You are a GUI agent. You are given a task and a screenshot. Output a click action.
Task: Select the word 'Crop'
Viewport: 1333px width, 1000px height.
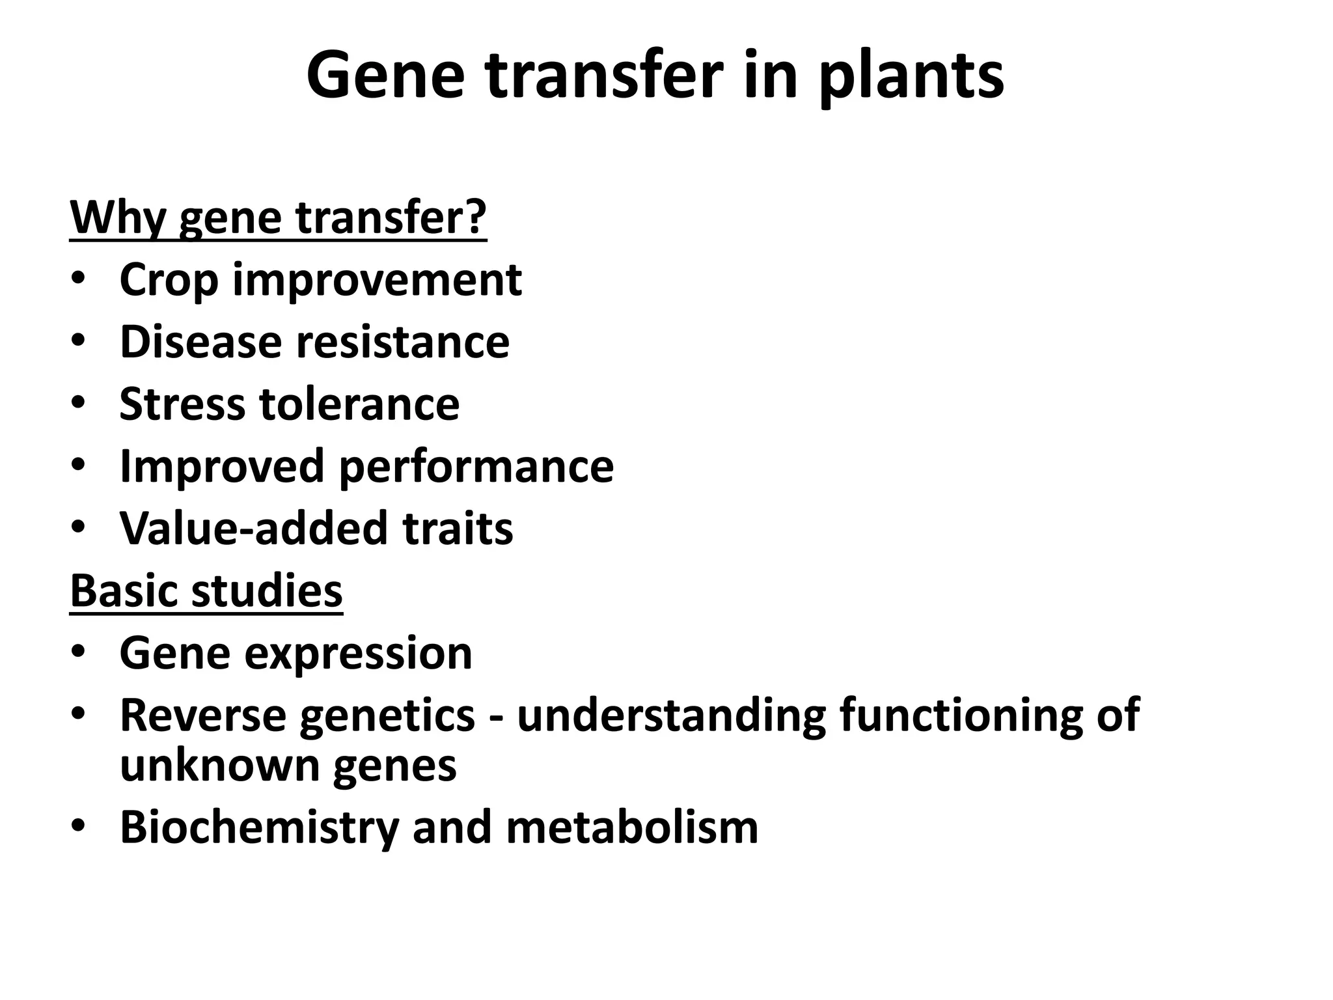(169, 281)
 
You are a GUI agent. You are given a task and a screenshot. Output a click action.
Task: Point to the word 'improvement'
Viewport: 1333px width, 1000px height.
(377, 281)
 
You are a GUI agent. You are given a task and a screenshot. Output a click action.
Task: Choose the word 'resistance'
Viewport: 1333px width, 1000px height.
(403, 342)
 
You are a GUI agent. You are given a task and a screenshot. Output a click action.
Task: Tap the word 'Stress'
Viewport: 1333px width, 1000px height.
(180, 404)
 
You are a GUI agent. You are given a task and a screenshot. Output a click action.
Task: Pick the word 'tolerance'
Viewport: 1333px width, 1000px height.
(360, 404)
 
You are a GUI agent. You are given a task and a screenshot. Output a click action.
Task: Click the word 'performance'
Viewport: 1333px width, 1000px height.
(476, 467)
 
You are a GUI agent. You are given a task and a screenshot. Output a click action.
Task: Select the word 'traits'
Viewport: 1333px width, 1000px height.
(458, 529)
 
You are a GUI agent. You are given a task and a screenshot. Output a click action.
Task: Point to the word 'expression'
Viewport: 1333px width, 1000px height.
(358, 654)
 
